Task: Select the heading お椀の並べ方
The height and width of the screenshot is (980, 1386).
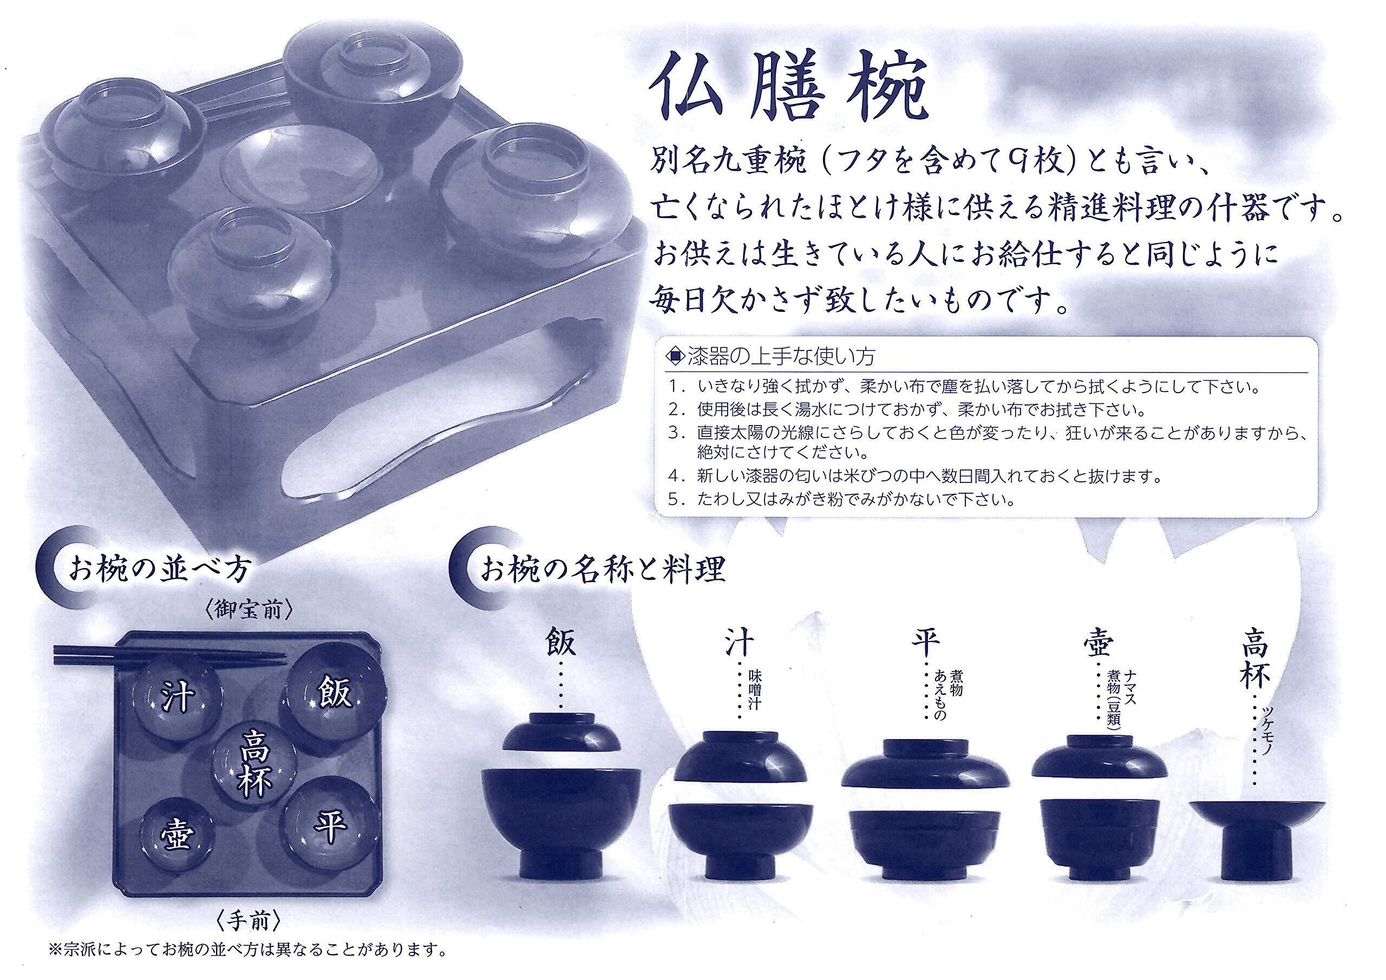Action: [x=159, y=570]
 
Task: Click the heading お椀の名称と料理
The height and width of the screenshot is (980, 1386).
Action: [x=602, y=570]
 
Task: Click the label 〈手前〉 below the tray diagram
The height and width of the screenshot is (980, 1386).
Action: [x=249, y=922]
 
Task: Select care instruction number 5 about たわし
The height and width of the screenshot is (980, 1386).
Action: [x=840, y=500]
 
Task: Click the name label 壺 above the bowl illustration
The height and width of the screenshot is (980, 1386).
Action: [x=1099, y=644]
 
